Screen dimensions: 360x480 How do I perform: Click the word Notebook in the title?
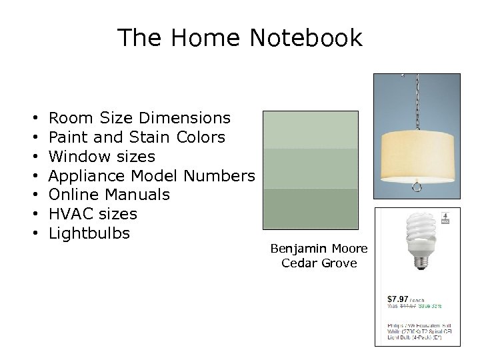pyautogui.click(x=306, y=38)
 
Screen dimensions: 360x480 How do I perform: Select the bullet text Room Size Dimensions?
pyautogui.click(x=140, y=118)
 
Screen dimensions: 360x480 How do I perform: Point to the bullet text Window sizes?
pyautogui.click(x=102, y=157)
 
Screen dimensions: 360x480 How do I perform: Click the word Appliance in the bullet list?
pyautogui.click(x=88, y=176)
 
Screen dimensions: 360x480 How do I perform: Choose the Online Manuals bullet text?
pyautogui.click(x=109, y=195)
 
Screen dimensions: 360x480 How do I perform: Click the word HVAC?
pyautogui.click(x=71, y=214)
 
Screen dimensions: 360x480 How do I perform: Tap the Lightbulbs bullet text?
pyautogui.click(x=89, y=233)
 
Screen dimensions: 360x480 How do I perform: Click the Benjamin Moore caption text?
pyautogui.click(x=319, y=249)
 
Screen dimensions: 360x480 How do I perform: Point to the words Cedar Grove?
pyautogui.click(x=319, y=263)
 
